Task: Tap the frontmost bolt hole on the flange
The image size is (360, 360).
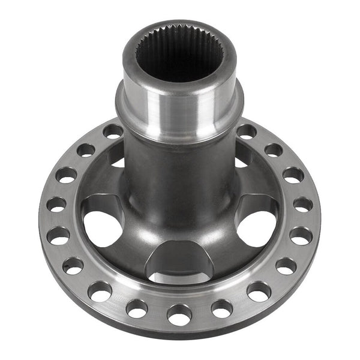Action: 179,313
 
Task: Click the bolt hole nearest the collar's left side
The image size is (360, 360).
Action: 112,131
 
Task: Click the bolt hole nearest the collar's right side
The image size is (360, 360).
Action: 247,131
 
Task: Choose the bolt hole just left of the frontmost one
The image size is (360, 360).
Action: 137,308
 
